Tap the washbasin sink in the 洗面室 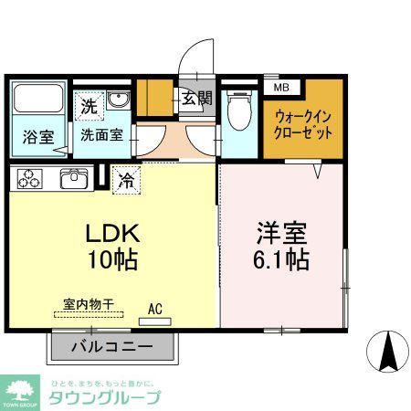tap(118, 100)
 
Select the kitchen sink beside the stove tap(73, 178)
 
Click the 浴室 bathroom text tap(37, 137)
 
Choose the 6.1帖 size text tap(281, 259)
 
